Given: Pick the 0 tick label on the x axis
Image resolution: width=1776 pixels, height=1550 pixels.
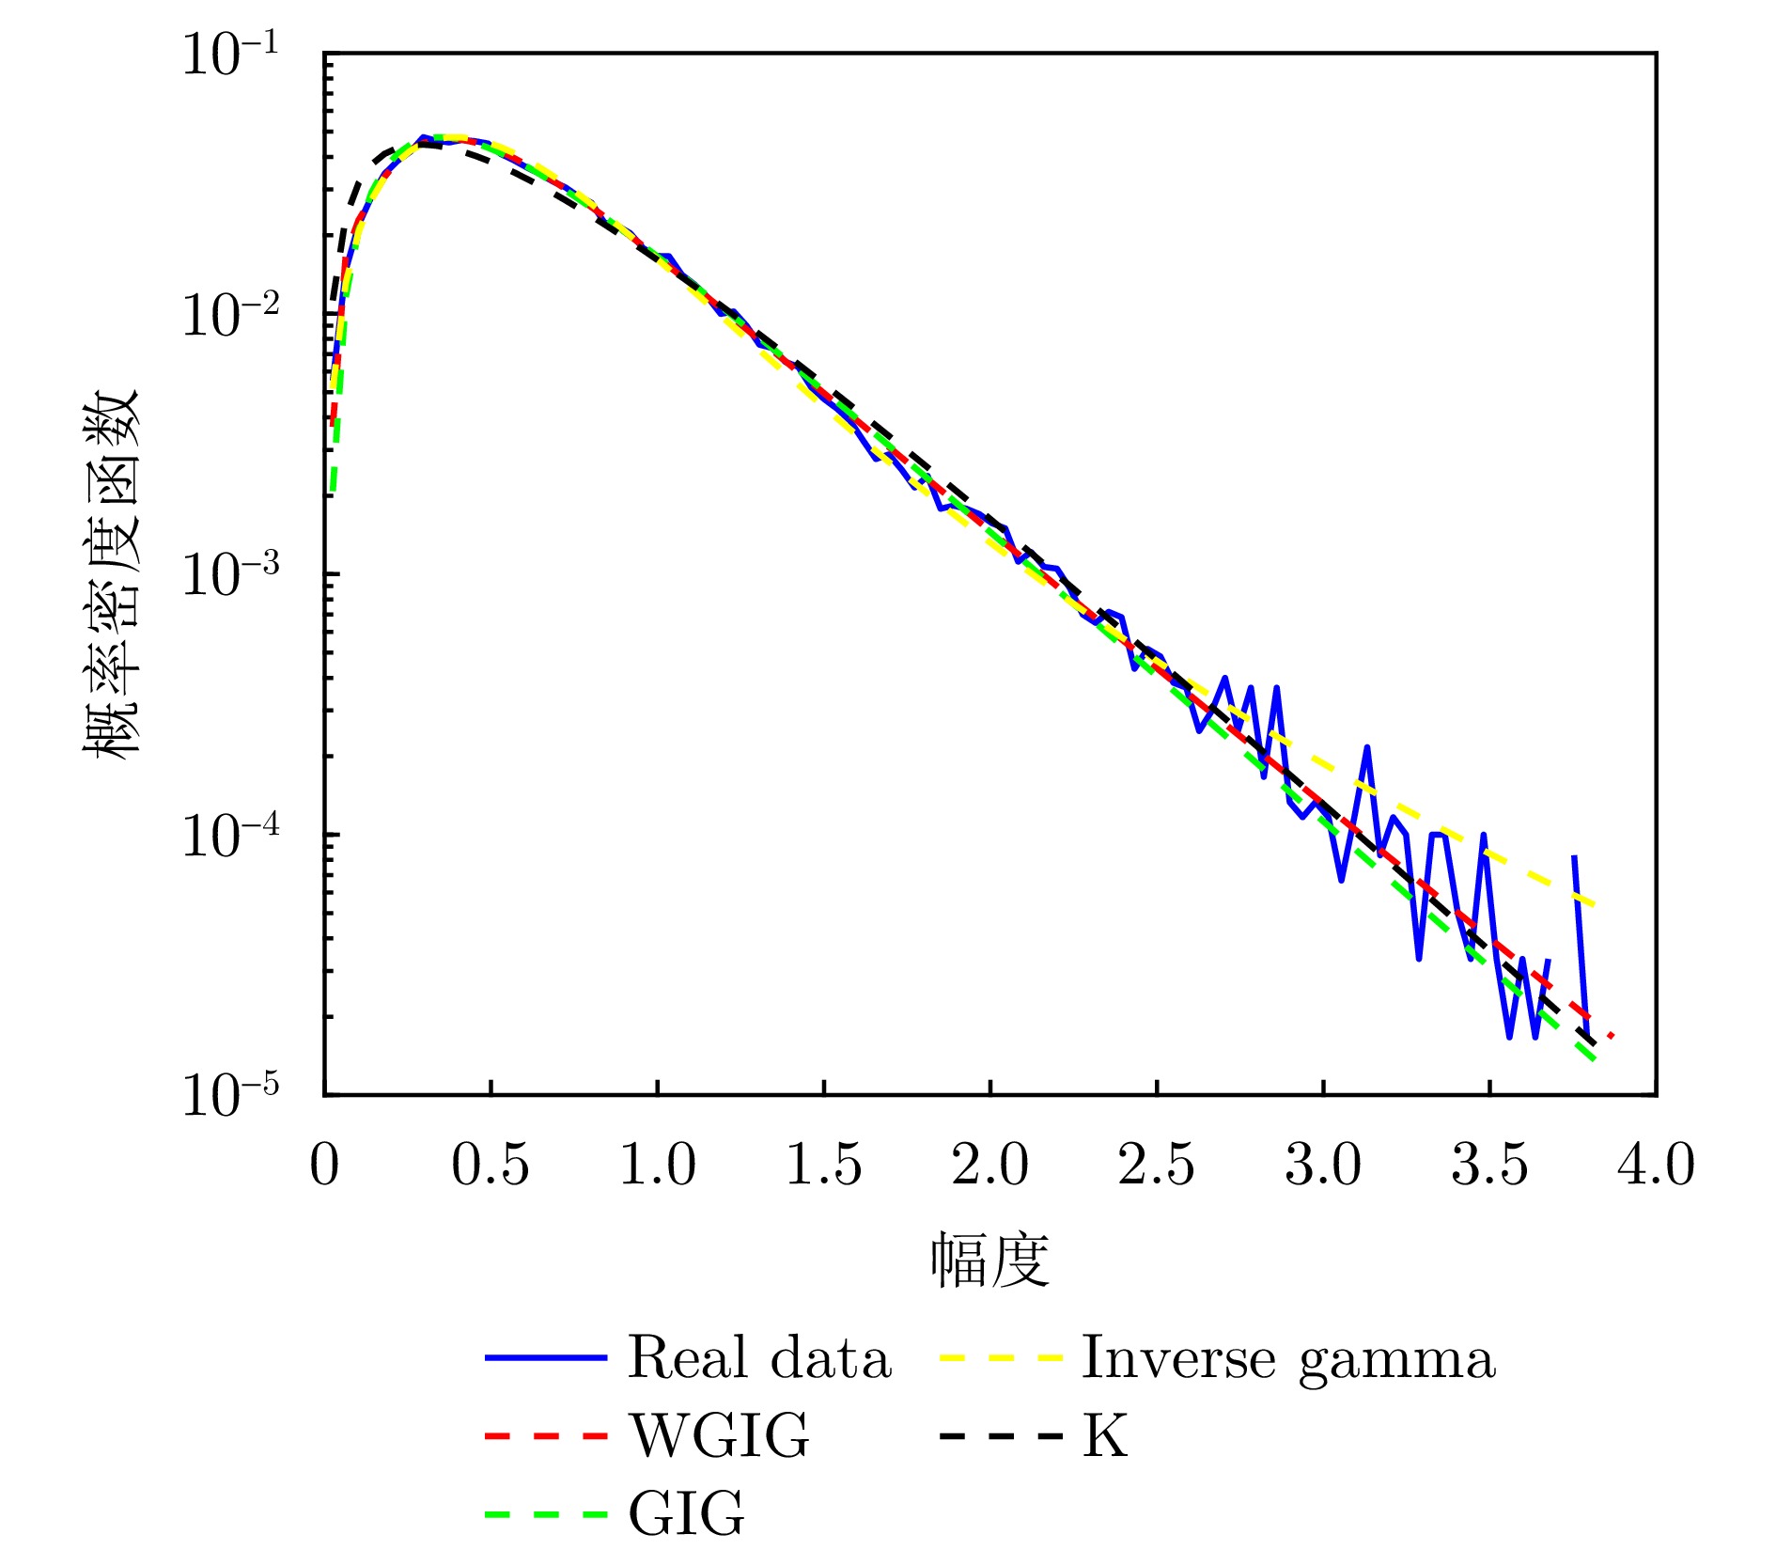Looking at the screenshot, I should (324, 1166).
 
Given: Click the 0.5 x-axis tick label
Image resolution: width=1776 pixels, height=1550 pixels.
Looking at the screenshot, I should (491, 1166).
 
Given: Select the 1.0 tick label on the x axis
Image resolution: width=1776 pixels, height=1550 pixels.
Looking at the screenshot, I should (657, 1166).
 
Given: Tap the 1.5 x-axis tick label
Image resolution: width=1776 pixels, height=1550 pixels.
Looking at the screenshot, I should (823, 1166).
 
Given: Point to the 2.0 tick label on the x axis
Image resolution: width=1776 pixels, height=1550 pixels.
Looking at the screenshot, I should (989, 1166).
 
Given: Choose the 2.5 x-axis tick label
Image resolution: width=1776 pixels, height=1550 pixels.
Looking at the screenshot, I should (1156, 1166).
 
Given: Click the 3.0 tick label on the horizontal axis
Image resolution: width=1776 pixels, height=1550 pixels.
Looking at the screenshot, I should (1323, 1166).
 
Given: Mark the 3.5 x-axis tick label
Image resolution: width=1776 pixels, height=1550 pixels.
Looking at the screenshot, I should (1489, 1166).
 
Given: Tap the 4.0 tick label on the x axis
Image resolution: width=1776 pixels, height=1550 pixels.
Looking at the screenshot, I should (1656, 1166).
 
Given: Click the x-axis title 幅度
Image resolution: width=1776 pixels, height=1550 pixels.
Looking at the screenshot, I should (989, 1260).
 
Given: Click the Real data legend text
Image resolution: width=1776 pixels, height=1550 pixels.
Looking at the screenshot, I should (759, 1358).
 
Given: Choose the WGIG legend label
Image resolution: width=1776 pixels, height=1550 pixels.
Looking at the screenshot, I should (719, 1436).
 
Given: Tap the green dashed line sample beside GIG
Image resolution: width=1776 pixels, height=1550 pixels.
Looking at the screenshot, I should (546, 1514).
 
